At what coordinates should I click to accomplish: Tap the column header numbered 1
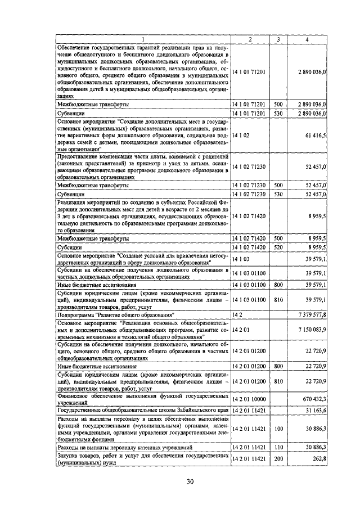pos(143,39)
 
